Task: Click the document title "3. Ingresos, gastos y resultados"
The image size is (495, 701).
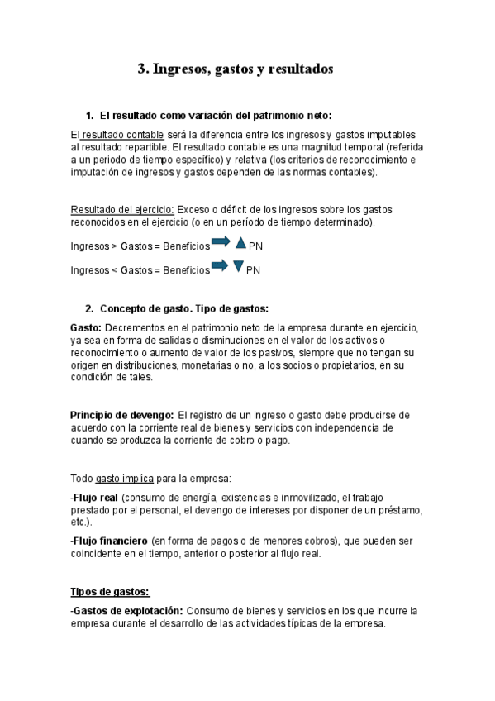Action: [x=235, y=70]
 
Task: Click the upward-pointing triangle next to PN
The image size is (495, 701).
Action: [x=240, y=243]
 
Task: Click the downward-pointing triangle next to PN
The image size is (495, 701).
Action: [x=239, y=267]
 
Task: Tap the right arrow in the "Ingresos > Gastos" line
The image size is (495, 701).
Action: [x=221, y=243]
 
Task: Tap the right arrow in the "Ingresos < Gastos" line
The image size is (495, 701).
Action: [x=221, y=266]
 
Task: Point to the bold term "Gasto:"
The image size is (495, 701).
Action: [x=86, y=328]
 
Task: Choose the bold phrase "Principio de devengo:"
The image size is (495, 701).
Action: [x=121, y=415]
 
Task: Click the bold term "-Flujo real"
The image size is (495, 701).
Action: [x=94, y=498]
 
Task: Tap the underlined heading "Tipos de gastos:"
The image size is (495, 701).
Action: [x=109, y=592]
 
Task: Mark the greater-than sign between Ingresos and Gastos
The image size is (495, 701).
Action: [x=114, y=246]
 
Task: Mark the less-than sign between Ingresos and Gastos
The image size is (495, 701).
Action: [x=114, y=270]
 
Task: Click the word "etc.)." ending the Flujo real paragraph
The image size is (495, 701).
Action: [x=82, y=523]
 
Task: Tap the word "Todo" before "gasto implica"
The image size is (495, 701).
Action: [x=82, y=479]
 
